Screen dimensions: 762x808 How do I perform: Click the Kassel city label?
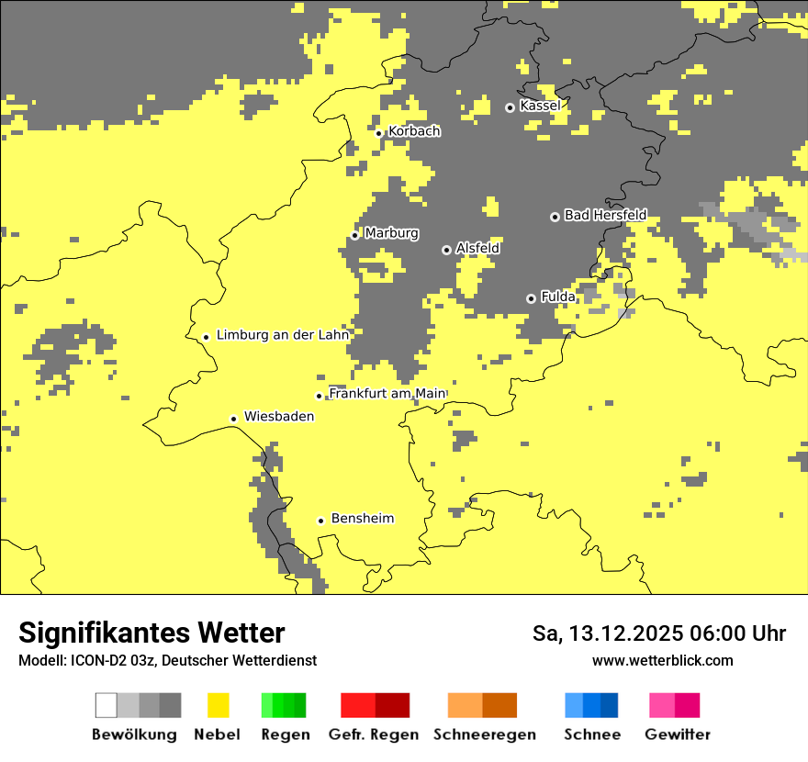point(540,106)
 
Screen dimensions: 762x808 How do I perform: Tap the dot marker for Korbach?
point(378,133)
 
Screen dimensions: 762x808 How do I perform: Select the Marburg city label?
point(391,233)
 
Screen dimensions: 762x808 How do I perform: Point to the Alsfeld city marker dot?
point(446,250)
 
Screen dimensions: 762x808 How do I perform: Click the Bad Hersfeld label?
point(605,215)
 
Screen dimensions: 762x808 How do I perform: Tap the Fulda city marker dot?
point(531,298)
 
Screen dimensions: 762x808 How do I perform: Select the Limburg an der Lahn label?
point(283,335)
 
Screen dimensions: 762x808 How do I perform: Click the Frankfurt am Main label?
point(387,393)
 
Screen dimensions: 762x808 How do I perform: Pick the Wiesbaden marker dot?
point(234,419)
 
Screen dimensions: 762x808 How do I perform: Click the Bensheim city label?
point(363,519)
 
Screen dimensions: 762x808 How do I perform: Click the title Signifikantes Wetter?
point(151,633)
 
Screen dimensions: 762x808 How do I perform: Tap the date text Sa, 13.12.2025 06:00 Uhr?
point(659,633)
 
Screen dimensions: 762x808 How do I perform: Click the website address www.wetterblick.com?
point(662,660)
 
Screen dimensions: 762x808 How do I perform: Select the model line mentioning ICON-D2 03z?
point(167,660)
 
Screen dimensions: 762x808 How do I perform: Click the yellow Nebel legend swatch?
point(218,705)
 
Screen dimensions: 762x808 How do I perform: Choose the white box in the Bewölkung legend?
point(107,705)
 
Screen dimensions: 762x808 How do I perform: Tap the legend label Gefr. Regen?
point(374,734)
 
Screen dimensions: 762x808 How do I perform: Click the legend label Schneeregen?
point(485,734)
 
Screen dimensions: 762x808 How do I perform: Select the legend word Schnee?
point(592,734)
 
